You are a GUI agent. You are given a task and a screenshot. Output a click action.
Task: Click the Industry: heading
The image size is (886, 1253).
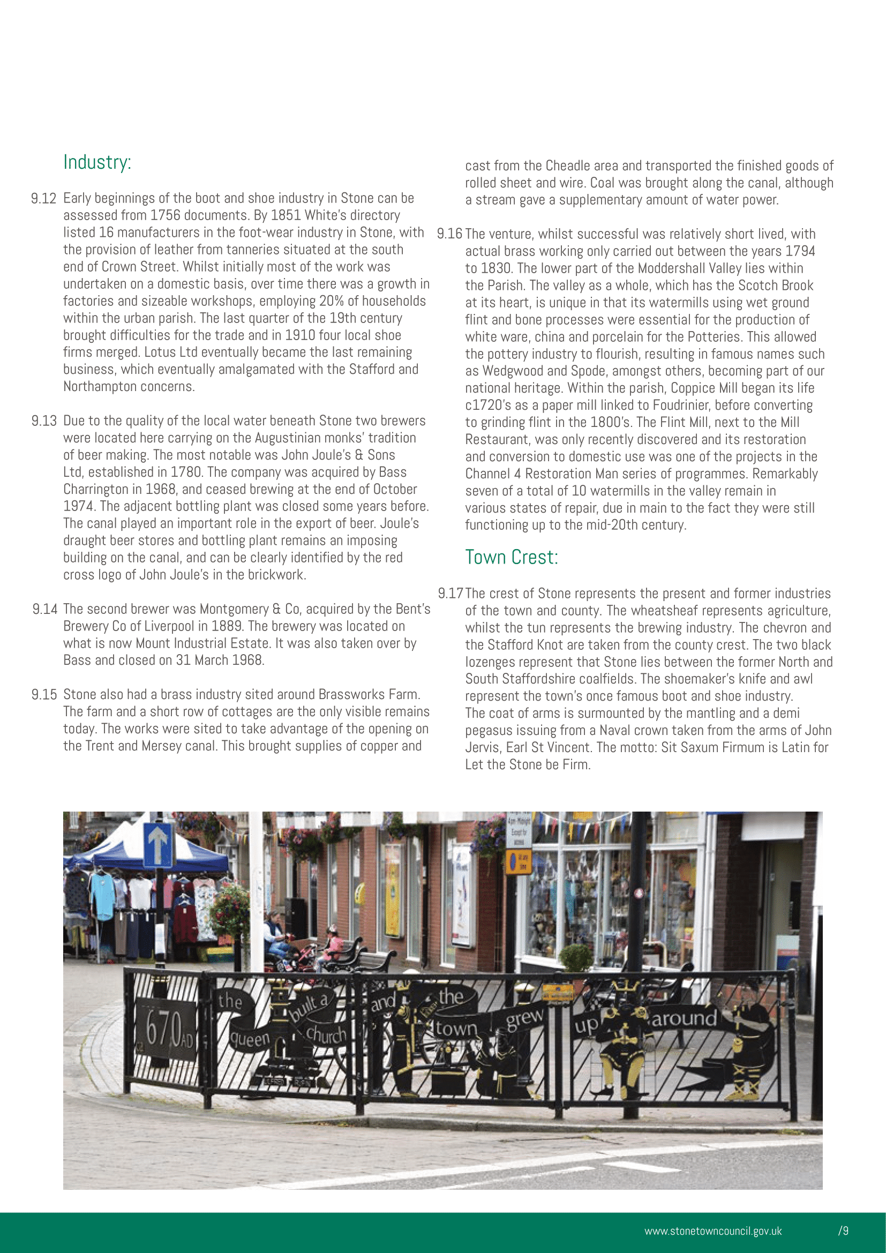97,162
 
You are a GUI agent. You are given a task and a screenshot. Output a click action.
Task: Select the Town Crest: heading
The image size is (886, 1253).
511,557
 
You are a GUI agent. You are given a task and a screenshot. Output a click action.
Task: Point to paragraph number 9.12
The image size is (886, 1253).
43,199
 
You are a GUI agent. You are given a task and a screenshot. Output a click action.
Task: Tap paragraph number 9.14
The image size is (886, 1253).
45,609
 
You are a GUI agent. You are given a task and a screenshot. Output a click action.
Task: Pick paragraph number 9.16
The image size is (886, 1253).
449,234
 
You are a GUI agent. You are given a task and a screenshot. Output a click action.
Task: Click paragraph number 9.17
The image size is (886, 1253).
450,594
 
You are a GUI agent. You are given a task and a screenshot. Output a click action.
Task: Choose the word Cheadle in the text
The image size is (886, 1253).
567,166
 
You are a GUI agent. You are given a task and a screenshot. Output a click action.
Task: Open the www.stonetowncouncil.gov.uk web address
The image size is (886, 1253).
712,1231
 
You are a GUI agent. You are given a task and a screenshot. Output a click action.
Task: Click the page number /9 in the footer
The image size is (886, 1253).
843,1231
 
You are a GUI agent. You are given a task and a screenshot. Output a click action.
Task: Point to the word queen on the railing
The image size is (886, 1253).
250,1039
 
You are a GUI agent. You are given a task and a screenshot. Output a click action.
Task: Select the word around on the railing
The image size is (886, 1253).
684,1018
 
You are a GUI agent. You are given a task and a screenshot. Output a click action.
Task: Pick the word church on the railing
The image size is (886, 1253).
326,1034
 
